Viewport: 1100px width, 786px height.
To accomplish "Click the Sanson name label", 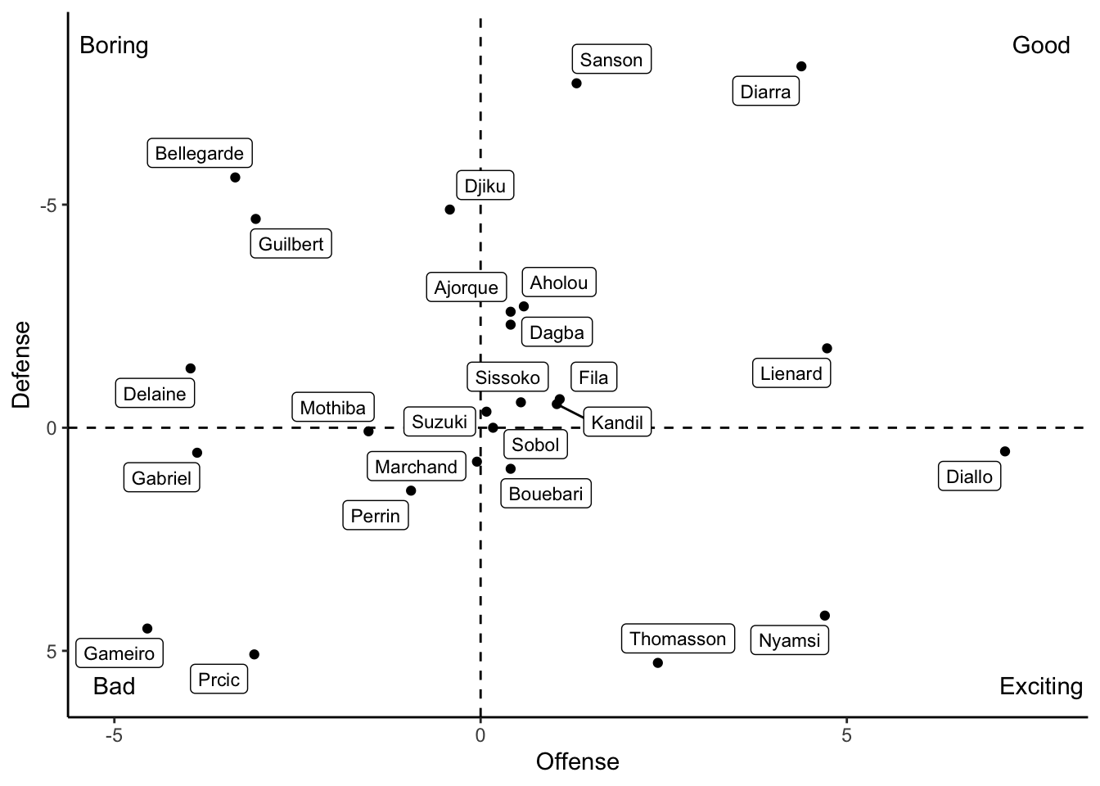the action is click(x=611, y=60).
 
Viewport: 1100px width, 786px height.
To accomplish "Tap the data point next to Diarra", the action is click(x=801, y=66).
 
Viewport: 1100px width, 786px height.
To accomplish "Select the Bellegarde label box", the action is click(x=200, y=153).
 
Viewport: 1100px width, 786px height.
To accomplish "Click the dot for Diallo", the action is click(x=1005, y=451).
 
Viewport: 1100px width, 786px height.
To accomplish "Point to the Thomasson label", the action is click(x=678, y=639).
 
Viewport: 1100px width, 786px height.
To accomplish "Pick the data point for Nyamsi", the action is click(x=825, y=616).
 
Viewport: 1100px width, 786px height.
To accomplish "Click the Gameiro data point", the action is click(x=147, y=628).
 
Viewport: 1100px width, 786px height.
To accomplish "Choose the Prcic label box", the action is click(x=219, y=679).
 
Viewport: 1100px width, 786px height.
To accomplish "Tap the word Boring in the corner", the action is click(x=114, y=46).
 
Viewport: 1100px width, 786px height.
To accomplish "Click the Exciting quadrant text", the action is click(x=1041, y=686).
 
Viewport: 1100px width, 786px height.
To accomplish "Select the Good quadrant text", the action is click(x=1041, y=46).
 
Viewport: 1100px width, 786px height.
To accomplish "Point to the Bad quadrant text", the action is click(x=114, y=686).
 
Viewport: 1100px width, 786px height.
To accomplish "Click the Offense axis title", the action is click(x=578, y=762).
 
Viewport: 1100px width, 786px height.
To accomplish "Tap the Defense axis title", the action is click(x=21, y=364).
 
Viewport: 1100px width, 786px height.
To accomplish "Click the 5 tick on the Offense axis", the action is click(x=846, y=735).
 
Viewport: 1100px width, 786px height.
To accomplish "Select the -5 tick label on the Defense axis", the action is click(x=48, y=206).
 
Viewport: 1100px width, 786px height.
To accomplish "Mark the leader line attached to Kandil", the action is click(x=570, y=411).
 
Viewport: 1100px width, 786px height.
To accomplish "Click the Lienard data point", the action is click(x=827, y=348).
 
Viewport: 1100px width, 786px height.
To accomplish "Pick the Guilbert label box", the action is click(x=291, y=244).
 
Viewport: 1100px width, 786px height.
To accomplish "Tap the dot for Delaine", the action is click(x=191, y=368).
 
